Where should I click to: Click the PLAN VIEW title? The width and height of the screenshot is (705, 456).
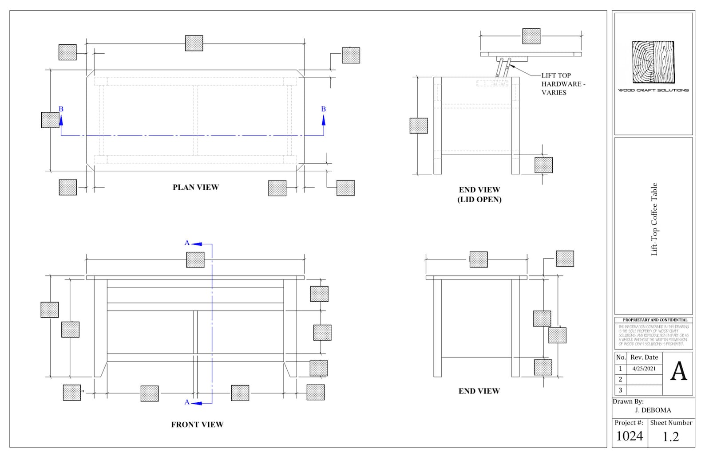(195, 187)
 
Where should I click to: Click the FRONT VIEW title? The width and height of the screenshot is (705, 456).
(197, 425)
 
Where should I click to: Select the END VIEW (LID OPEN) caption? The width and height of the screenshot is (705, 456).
(479, 195)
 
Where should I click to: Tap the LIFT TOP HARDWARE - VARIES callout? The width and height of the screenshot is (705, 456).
(562, 84)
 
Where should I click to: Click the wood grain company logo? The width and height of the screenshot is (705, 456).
(653, 62)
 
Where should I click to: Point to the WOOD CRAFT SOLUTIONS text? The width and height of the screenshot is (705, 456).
(653, 90)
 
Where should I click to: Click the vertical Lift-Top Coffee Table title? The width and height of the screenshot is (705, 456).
(654, 219)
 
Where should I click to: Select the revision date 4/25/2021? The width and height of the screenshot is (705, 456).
(644, 369)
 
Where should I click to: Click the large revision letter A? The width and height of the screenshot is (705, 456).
(678, 372)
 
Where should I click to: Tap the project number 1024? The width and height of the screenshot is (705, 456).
(629, 436)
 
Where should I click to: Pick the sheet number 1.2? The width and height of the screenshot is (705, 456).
(670, 437)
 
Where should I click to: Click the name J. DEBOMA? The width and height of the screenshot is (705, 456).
(653, 410)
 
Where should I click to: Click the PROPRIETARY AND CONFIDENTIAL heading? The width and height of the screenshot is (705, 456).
(655, 320)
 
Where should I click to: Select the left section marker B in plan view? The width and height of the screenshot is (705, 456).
(61, 110)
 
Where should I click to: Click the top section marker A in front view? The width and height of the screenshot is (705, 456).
(187, 243)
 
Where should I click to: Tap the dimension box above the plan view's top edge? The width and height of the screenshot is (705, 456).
(194, 43)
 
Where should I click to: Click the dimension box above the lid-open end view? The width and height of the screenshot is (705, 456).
(531, 36)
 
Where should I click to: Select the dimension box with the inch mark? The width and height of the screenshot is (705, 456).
(72, 393)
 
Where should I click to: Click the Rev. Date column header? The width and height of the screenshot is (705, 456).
(644, 358)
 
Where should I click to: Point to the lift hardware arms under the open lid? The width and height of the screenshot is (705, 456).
(503, 67)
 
